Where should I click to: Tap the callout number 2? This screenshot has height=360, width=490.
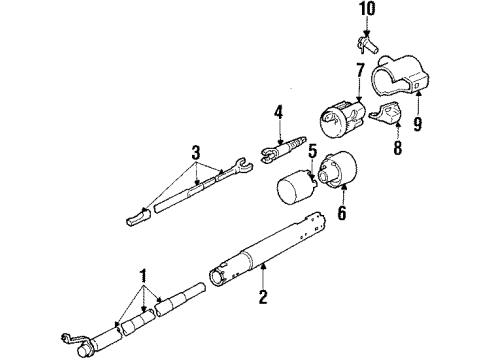[264, 295]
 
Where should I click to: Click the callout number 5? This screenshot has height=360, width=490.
[313, 153]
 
